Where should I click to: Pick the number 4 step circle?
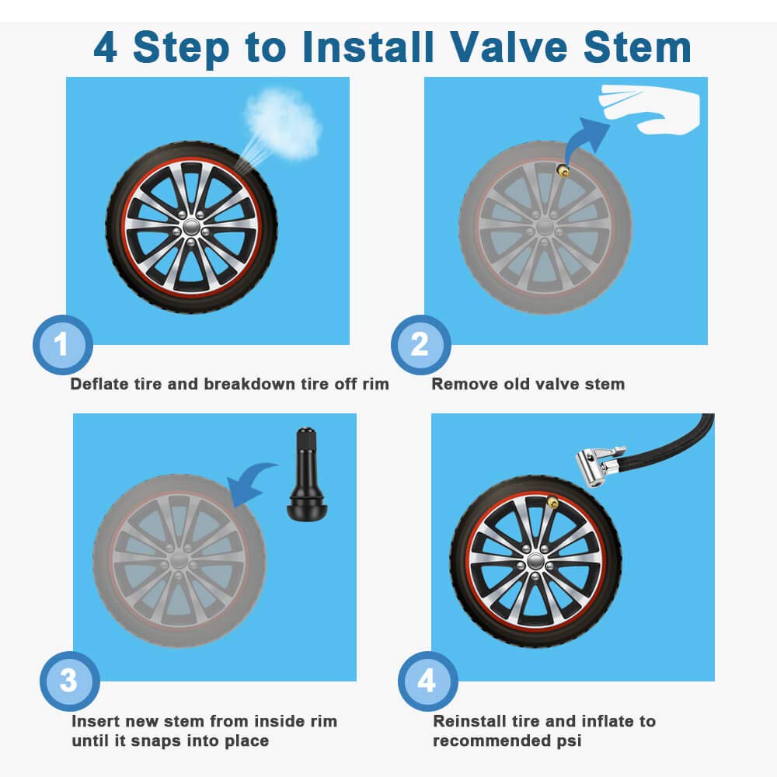(x=427, y=681)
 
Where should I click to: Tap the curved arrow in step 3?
(x=253, y=483)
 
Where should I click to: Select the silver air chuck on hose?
(x=598, y=464)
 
